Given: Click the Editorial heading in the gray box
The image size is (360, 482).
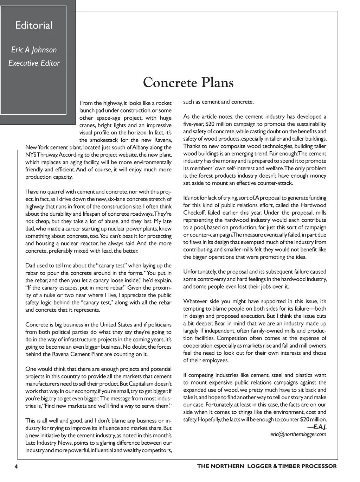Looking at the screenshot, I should tap(34, 25).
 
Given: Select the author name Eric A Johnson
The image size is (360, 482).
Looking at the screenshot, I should tap(34, 50).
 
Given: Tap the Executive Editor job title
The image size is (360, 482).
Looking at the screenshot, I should tap(34, 63).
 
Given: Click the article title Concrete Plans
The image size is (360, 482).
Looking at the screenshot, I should tap(188, 83).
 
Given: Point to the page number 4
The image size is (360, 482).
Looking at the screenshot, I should tap(16, 467).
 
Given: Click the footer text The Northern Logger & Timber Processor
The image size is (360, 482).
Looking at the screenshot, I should tap(267, 467).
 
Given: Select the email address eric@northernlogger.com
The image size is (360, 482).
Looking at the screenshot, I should tap(298, 435).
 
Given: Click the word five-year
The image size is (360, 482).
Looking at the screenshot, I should tap(193, 124).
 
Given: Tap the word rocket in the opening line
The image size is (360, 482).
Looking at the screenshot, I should tap(164, 103).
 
